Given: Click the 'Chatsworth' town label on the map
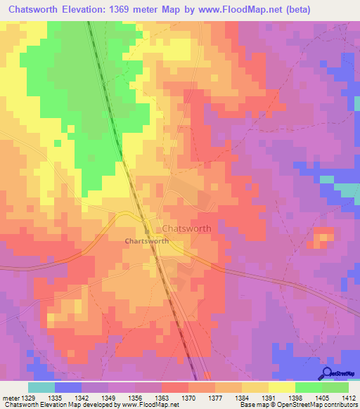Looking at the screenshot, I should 186,229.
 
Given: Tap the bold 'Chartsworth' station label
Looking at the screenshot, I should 146,241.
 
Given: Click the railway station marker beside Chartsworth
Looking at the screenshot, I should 146,231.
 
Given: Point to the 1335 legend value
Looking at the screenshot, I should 68,398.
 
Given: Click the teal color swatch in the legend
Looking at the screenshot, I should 41,387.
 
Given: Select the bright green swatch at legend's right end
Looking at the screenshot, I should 335,387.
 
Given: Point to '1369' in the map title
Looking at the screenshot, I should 139,11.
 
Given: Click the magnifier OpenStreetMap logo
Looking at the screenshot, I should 326,373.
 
